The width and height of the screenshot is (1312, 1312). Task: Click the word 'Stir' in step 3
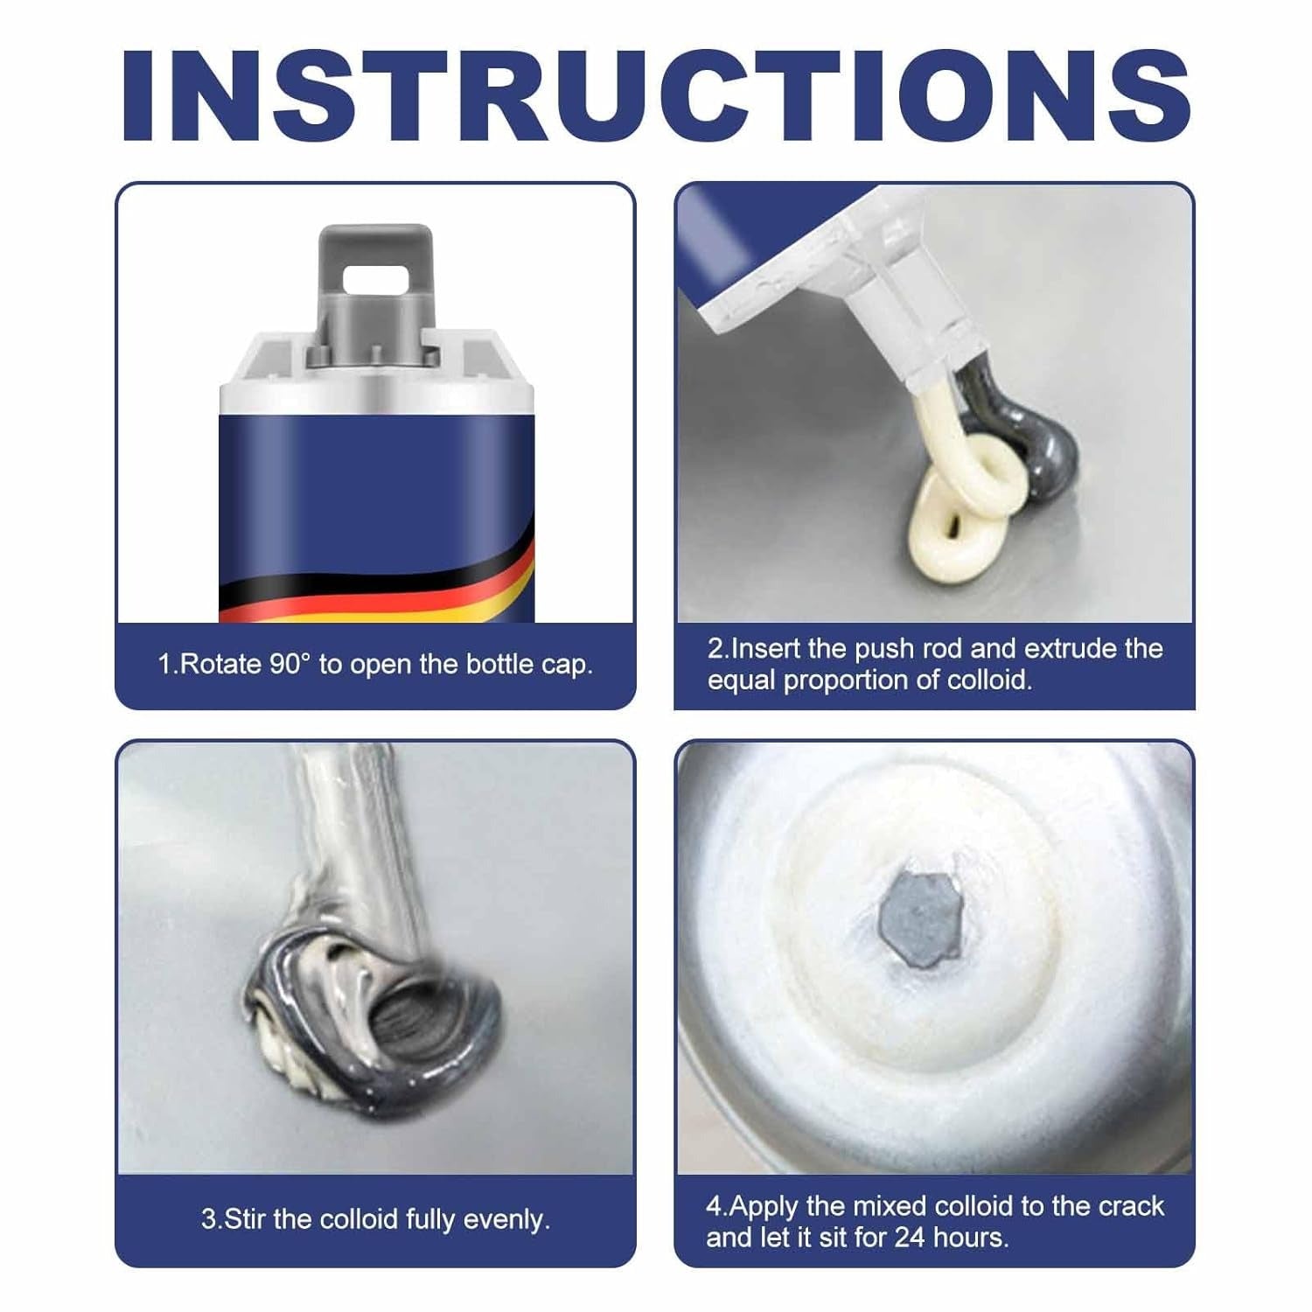pos(246,1219)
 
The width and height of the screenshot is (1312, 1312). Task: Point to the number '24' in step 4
pos(910,1238)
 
